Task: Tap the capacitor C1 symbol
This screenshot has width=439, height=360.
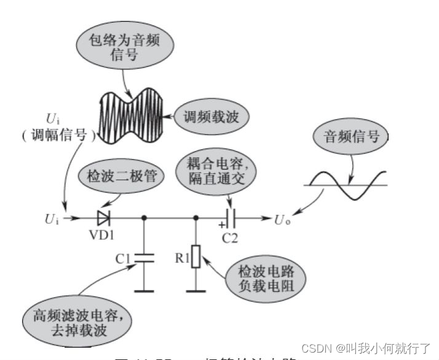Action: tap(144, 257)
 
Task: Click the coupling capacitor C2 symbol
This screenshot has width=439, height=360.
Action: tap(230, 217)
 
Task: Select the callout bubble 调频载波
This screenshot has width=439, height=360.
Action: tap(202, 115)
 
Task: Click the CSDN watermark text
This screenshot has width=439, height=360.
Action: tap(366, 349)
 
